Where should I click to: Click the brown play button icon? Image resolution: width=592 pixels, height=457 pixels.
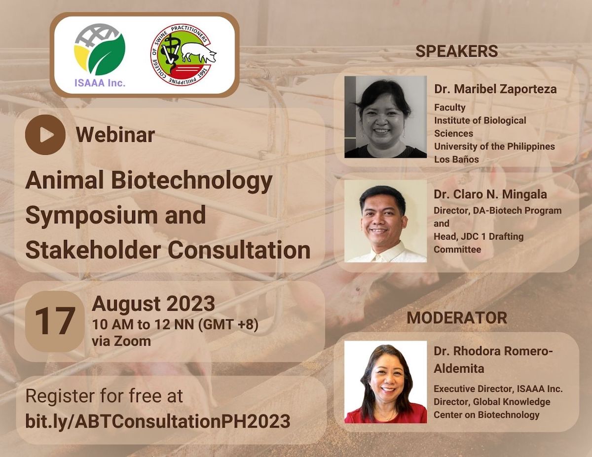click(x=45, y=135)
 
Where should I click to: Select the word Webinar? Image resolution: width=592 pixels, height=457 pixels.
click(x=115, y=135)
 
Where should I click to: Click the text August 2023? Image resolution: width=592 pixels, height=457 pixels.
click(x=153, y=304)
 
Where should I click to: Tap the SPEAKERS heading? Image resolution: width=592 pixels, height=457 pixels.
click(x=457, y=51)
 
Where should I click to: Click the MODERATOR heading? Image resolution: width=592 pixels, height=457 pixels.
click(x=457, y=317)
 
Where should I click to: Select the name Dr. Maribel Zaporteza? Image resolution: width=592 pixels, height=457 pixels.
click(x=495, y=89)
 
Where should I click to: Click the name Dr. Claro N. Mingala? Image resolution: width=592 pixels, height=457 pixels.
click(x=490, y=194)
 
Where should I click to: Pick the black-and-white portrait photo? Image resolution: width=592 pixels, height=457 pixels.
click(x=385, y=117)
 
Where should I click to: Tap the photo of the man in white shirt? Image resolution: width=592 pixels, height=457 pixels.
click(x=385, y=221)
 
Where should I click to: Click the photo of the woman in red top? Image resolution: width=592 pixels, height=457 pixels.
click(x=385, y=382)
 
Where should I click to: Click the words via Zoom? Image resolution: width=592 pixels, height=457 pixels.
click(x=121, y=341)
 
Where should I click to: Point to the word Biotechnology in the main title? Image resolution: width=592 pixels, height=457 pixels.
click(x=192, y=181)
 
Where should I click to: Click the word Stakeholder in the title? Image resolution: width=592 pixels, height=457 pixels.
click(x=93, y=250)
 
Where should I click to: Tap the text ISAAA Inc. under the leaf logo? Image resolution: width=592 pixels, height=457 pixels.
click(x=100, y=83)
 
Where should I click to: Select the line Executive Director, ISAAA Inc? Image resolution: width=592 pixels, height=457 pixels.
click(x=498, y=388)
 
